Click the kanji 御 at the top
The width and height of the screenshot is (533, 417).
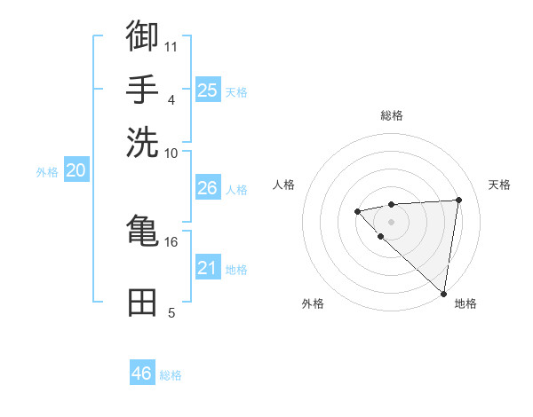(x=142, y=36)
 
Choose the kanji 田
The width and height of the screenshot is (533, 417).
(x=142, y=303)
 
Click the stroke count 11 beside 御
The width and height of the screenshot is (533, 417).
(x=171, y=45)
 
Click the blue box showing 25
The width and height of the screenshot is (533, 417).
(x=207, y=90)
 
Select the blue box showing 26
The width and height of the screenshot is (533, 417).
(x=207, y=188)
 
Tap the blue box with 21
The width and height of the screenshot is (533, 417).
(x=207, y=267)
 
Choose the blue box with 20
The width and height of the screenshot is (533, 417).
(x=76, y=170)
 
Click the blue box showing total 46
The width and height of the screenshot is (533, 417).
(x=142, y=374)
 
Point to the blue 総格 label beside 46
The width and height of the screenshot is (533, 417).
(x=171, y=375)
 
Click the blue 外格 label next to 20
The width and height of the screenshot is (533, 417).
(x=47, y=172)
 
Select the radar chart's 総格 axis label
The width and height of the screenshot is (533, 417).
(x=392, y=115)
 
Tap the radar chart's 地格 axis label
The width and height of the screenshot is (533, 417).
(x=465, y=303)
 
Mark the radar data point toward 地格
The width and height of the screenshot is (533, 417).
(x=444, y=294)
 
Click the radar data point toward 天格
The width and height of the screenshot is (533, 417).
(x=458, y=200)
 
